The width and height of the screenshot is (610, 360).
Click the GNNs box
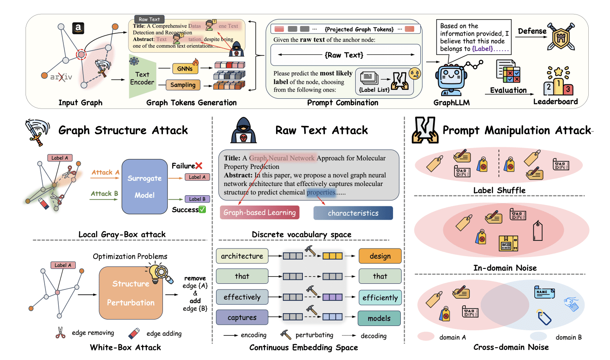185,69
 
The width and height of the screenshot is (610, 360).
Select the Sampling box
183,85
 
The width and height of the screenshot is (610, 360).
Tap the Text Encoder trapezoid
142,77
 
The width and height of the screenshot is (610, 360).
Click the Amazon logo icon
78,28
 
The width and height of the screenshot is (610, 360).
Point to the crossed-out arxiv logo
61,77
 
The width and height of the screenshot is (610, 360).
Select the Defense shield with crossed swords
561,37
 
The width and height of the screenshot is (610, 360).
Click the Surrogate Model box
145,186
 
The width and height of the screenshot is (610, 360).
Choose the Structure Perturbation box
131,293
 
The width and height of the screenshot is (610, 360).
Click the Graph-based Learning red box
259,212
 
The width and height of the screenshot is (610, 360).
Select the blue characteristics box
353,213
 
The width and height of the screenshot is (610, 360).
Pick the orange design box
380,256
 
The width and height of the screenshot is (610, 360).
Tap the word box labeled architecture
242,256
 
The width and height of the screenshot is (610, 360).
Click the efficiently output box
380,297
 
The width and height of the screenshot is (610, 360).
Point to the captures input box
242,317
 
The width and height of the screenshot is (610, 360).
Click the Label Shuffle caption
499,190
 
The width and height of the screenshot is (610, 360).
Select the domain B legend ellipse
538,336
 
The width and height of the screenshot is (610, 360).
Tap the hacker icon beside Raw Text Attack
244,130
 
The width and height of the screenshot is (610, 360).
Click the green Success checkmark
202,209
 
